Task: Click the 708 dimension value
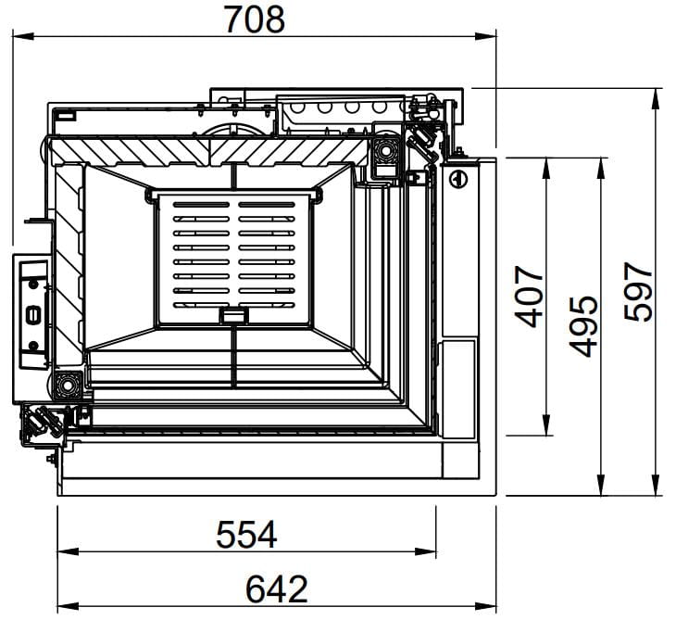[255, 19]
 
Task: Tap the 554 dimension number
[246, 535]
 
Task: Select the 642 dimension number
[276, 588]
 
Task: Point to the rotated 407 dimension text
[529, 297]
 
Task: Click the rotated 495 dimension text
[582, 326]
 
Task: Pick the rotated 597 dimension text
[638, 292]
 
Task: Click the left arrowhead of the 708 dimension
[23, 36]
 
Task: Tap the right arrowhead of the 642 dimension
[485, 606]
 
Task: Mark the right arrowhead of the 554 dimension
[425, 551]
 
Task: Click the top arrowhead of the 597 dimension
[656, 99]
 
